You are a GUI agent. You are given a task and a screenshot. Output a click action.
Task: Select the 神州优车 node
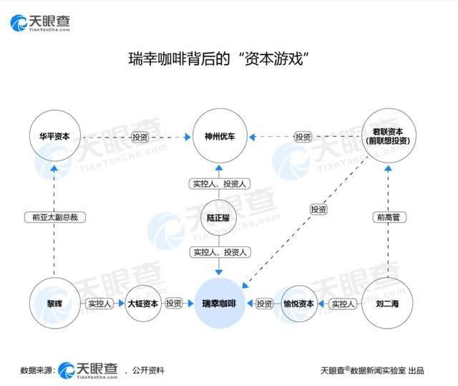pyautogui.click(x=220, y=136)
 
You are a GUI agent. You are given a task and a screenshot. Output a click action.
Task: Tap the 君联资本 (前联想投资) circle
pyautogui.click(x=386, y=136)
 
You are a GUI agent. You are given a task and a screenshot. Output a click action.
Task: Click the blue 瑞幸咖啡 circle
pyautogui.click(x=220, y=304)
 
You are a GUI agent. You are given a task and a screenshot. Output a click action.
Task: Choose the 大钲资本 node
pyautogui.click(x=142, y=304)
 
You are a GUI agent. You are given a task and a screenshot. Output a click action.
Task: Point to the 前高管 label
pyautogui.click(x=386, y=216)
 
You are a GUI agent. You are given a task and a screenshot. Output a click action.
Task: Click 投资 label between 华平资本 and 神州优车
pyautogui.click(x=141, y=136)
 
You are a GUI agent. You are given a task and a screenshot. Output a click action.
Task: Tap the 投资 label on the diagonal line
pyautogui.click(x=318, y=209)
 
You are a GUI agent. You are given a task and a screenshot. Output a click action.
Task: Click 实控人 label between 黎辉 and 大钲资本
pyautogui.click(x=99, y=304)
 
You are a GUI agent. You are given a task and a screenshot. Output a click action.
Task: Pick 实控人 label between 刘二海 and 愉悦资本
pyautogui.click(x=342, y=304)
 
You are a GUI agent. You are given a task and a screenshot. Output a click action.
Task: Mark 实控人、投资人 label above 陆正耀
pyautogui.click(x=220, y=184)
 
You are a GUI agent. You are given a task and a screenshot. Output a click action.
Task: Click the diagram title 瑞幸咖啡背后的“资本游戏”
pyautogui.click(x=218, y=59)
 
